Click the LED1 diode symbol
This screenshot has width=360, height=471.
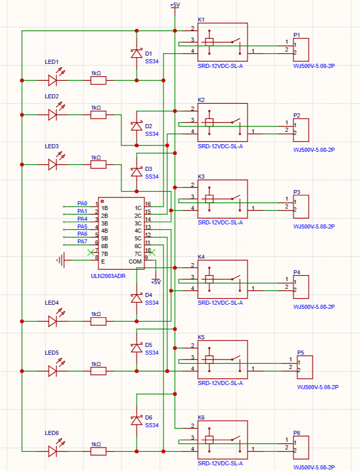coord(53,80)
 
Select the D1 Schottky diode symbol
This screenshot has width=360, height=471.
coord(136,54)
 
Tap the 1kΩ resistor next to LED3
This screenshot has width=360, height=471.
coord(98,164)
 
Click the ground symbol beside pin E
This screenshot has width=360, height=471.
coord(61,260)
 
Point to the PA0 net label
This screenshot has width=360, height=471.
coord(82,203)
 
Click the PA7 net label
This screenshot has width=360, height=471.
coord(82,241)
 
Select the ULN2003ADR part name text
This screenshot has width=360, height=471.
coord(108,276)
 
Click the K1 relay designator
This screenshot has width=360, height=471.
coord(201,20)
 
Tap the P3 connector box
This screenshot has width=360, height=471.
coord(301,206)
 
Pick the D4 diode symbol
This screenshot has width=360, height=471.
coord(136,298)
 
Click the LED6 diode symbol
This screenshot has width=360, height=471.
coord(53,451)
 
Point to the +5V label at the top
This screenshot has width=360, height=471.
coord(175,5)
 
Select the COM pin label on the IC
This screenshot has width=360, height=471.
coord(135,261)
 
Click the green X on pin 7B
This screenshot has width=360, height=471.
coord(91,252)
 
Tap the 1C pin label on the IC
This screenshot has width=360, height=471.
coord(138,208)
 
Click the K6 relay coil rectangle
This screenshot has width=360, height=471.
coord(209,440)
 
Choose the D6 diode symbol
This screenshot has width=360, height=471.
coord(136,421)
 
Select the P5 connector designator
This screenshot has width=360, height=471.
coord(300,353)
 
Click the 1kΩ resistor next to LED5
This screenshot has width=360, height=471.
coord(98,371)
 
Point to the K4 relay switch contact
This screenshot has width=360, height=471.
coord(236,277)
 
